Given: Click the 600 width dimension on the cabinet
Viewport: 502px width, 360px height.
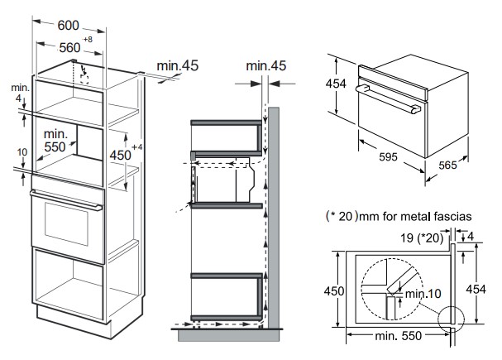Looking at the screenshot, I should click(x=68, y=25).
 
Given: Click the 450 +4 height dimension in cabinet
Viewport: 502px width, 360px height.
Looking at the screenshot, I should click(x=122, y=154).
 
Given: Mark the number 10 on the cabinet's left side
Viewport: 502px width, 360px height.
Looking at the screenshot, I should click(x=22, y=152).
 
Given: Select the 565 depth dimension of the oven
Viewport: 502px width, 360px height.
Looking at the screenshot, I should click(x=446, y=164).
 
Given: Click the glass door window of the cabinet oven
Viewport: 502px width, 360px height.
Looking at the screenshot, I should click(x=67, y=223).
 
